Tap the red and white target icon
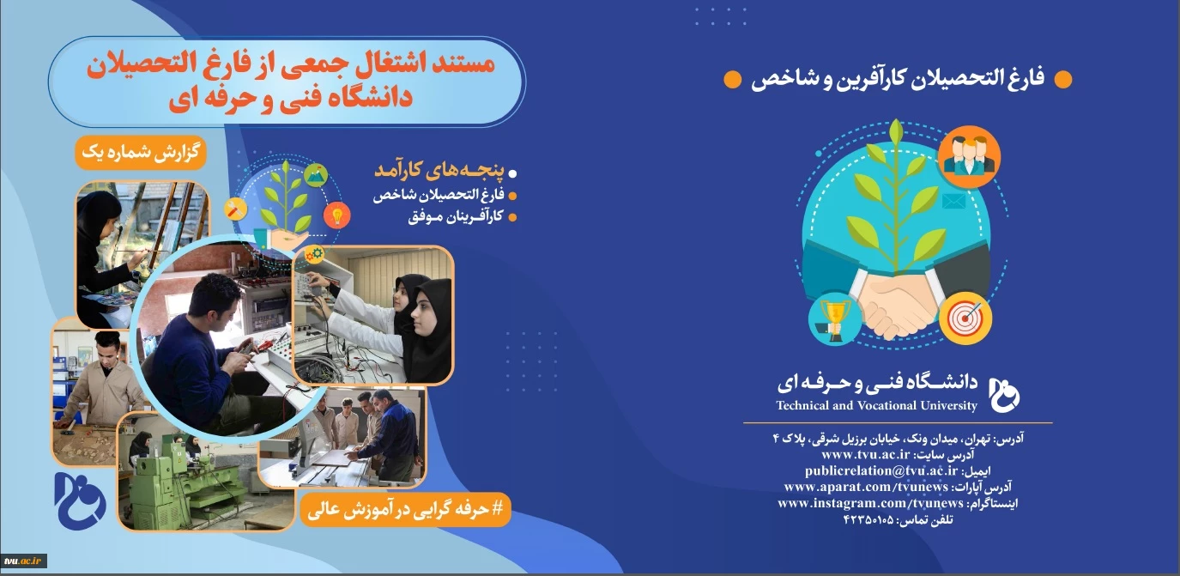coord(965,318)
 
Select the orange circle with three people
coord(969,157)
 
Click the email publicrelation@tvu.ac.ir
coord(881,470)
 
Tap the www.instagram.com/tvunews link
coord(870,503)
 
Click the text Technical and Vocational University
coord(876,405)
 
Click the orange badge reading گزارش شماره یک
coord(141,153)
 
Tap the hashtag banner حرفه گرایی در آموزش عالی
coord(405,509)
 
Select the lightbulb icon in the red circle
coord(337,215)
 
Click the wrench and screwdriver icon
coord(235,209)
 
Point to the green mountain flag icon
coord(316,175)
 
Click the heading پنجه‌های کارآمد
coord(439,170)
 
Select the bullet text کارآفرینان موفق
coord(456,216)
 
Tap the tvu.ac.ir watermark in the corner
coord(23,561)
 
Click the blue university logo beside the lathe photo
coord(80,500)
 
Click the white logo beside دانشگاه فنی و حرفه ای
coord(1004,395)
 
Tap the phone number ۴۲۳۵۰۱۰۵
coord(868,520)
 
